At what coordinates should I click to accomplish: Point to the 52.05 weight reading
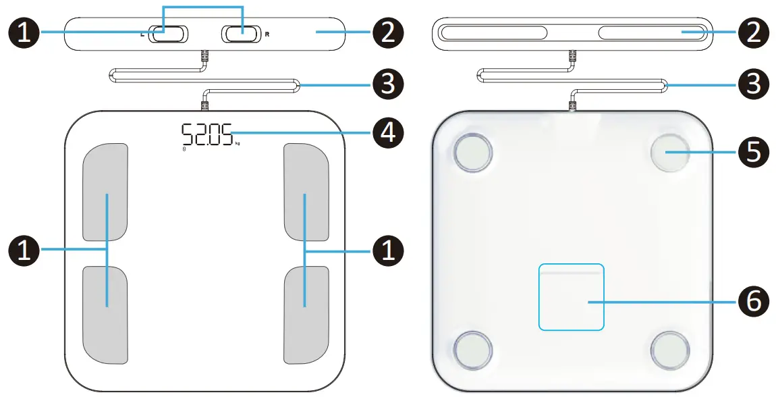[x=206, y=134]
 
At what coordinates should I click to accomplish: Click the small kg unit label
[x=238, y=144]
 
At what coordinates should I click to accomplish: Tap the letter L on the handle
[x=142, y=33]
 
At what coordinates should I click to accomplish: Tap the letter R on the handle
[x=267, y=32]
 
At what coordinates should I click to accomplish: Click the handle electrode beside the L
[x=165, y=33]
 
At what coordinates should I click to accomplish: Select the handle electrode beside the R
[x=241, y=32]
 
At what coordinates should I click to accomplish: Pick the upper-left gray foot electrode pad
[x=105, y=192]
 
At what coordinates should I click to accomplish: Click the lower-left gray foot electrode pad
[x=105, y=314]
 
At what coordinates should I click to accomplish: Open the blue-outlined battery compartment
[x=571, y=296]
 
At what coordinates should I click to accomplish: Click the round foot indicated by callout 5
[x=670, y=153]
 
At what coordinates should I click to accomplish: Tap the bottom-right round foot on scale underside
[x=670, y=350]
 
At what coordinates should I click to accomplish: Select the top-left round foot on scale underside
[x=474, y=153]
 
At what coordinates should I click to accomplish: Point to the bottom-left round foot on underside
[x=474, y=350]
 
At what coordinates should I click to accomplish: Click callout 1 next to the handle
[x=24, y=32]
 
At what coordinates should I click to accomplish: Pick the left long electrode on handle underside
[x=493, y=32]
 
